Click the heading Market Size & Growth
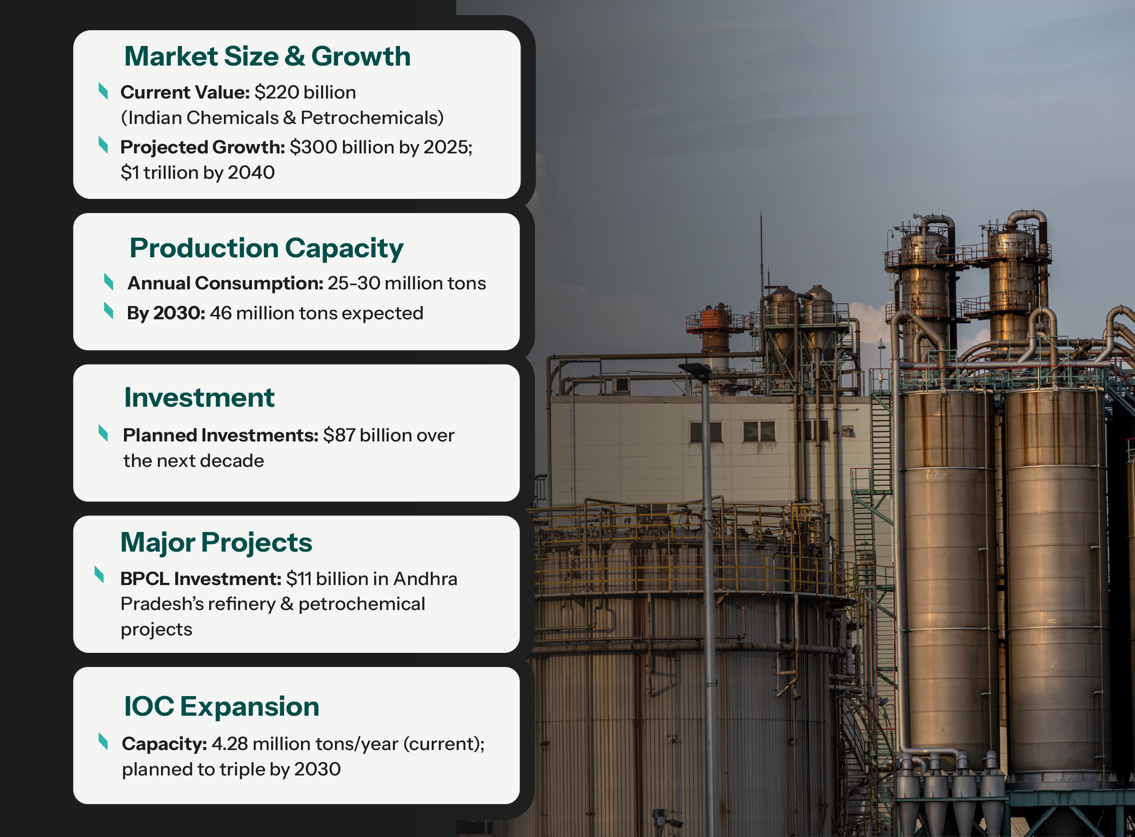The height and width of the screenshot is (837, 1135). click(x=267, y=56)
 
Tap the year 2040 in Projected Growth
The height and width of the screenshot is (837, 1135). click(x=252, y=173)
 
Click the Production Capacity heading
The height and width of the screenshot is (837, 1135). click(x=267, y=248)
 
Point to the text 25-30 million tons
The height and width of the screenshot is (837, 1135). click(x=406, y=283)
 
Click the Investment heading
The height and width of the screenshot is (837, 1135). click(x=199, y=398)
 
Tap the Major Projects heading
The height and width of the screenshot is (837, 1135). click(x=216, y=543)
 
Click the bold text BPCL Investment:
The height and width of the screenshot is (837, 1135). click(x=201, y=579)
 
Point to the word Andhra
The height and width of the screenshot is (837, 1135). click(x=425, y=579)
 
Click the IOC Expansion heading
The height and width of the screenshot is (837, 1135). click(x=222, y=706)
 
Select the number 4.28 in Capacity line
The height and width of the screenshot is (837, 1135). click(x=230, y=744)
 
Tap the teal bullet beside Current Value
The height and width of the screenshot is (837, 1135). click(x=103, y=91)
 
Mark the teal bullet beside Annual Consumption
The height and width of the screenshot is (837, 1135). click(x=108, y=281)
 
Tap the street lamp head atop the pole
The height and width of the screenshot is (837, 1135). click(x=696, y=371)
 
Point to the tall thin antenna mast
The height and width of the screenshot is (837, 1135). click(x=760, y=253)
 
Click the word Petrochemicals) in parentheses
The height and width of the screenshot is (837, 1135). click(x=372, y=118)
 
